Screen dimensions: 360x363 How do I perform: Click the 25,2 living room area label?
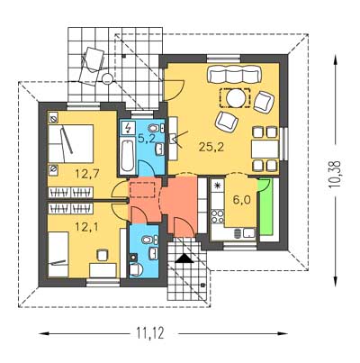(x=211, y=148)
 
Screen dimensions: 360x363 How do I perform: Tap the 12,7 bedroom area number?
(x=87, y=175)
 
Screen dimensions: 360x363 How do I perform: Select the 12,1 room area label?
(x=87, y=227)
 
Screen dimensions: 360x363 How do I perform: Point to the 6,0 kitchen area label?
(x=242, y=200)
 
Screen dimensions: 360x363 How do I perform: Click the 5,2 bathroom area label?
(x=147, y=138)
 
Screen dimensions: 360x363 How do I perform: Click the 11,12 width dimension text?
(x=150, y=333)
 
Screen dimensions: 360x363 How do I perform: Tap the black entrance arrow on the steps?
(x=184, y=259)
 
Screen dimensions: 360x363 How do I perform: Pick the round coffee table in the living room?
(x=235, y=98)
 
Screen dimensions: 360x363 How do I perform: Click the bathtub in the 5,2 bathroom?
(x=127, y=157)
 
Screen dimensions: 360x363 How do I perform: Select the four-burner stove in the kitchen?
(x=218, y=216)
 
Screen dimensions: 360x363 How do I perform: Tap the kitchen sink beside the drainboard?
(x=249, y=233)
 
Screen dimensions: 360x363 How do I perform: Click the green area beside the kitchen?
(x=265, y=207)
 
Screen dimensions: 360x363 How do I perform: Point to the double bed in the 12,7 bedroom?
(x=71, y=144)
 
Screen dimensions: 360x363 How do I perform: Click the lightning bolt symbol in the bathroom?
(x=129, y=128)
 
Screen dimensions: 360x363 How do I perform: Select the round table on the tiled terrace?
(x=107, y=79)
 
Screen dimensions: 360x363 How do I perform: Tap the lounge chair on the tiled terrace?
(x=91, y=65)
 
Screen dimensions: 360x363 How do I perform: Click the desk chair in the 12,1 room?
(x=102, y=255)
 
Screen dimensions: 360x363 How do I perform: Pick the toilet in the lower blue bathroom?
(x=136, y=269)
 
